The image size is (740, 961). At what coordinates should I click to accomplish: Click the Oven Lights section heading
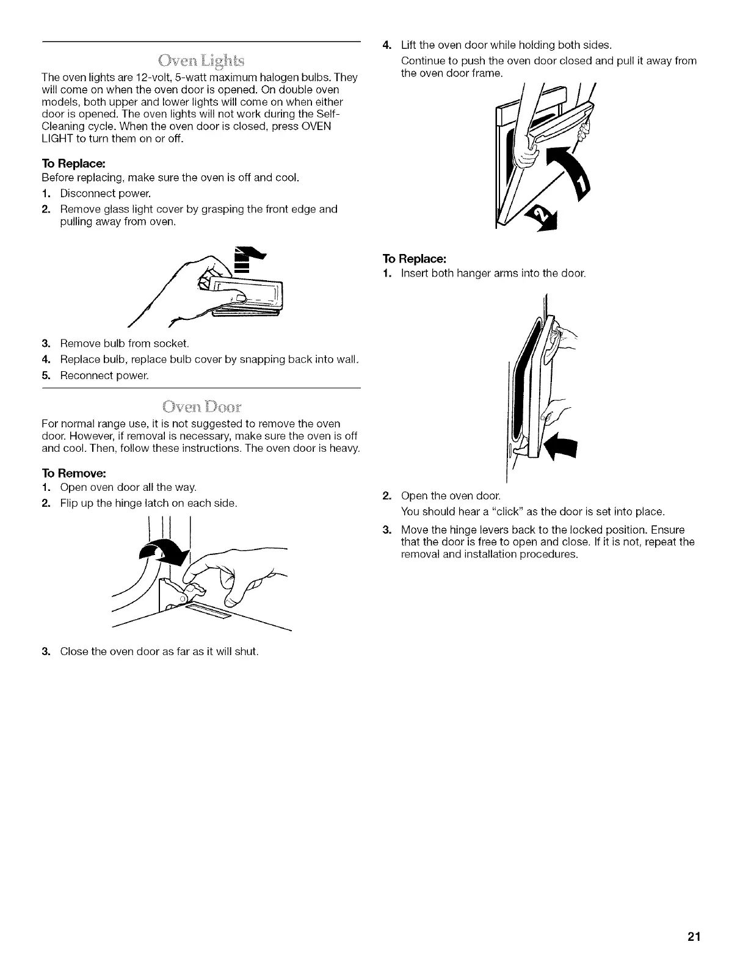pyautogui.click(x=201, y=60)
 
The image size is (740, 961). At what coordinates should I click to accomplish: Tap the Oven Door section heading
pyautogui.click(x=201, y=407)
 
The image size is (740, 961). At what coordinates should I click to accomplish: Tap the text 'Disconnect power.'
pyautogui.click(x=105, y=194)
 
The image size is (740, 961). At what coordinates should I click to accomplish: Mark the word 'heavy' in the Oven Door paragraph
pyautogui.click(x=344, y=449)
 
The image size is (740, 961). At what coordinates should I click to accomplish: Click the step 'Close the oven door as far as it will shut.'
pyautogui.click(x=159, y=651)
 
